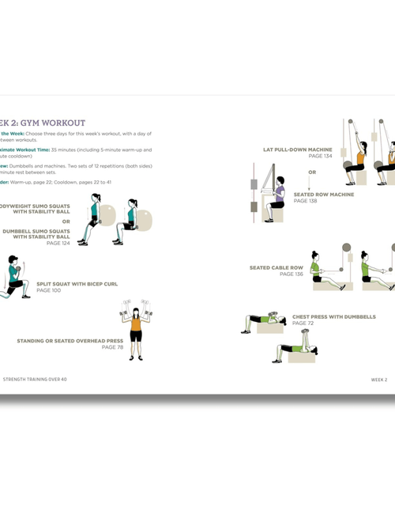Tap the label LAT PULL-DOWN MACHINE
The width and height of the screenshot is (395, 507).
(x=297, y=149)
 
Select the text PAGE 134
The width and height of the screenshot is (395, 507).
(x=320, y=156)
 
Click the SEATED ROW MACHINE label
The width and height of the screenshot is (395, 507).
(x=324, y=195)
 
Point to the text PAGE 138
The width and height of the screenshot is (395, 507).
(x=306, y=201)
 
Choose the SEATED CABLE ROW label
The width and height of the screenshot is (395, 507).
(x=276, y=267)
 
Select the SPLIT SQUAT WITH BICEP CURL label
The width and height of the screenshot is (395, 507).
(x=77, y=284)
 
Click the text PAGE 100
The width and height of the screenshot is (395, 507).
(x=49, y=290)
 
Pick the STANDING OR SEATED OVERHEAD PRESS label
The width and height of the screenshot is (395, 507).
(x=70, y=341)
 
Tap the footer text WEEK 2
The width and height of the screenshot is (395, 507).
(x=379, y=379)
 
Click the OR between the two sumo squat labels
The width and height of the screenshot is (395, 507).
(x=66, y=221)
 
